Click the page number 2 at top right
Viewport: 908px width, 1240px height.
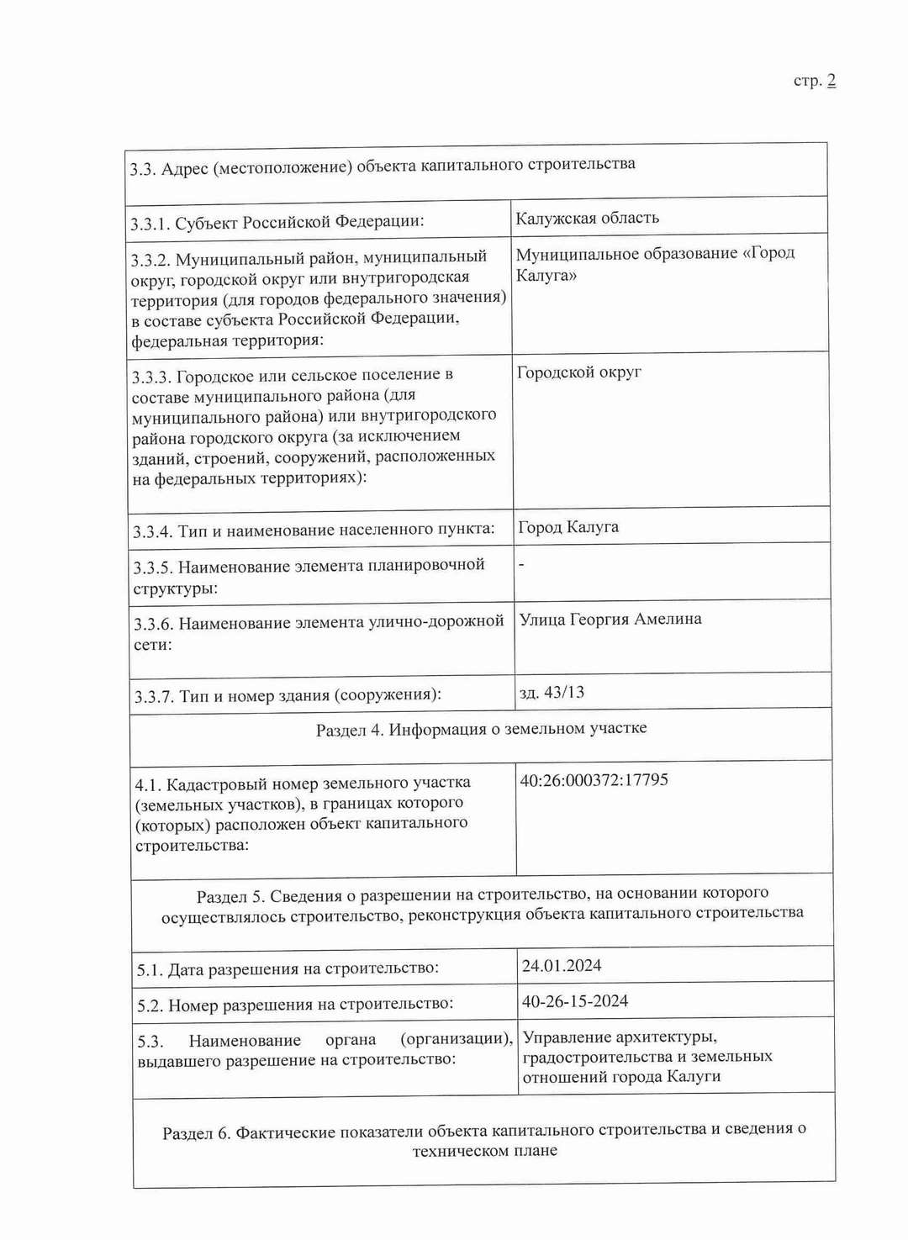coord(831,81)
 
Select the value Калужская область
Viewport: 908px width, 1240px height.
coord(587,219)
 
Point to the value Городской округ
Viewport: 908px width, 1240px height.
coord(578,372)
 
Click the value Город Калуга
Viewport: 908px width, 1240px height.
coord(568,527)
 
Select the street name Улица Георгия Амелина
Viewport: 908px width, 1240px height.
coord(610,620)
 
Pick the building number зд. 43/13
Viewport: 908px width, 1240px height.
coord(552,693)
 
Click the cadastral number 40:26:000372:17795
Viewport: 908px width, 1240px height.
coord(594,780)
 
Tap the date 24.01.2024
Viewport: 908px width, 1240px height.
coord(562,966)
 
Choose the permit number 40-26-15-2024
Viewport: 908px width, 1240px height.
coord(574,1001)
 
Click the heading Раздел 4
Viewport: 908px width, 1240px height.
coord(481,729)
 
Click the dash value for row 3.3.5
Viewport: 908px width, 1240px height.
coord(521,564)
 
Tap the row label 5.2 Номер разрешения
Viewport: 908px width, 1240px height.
coord(295,1005)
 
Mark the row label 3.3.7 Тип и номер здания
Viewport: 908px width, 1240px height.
coord(287,696)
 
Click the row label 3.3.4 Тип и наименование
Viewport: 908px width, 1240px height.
coord(314,530)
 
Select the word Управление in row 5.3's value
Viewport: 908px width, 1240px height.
coord(561,1037)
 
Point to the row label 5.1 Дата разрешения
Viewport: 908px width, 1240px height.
coord(288,969)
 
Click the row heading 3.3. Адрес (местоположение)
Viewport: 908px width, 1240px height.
coord(383,166)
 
